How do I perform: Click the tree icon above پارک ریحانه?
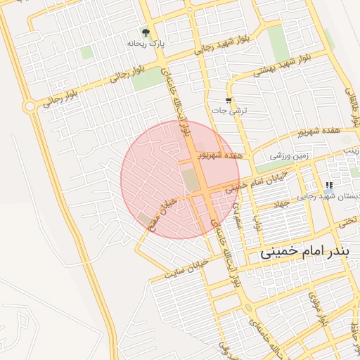coord(146,32)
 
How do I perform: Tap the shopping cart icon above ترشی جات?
coord(229,101)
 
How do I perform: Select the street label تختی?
coord(347,221)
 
